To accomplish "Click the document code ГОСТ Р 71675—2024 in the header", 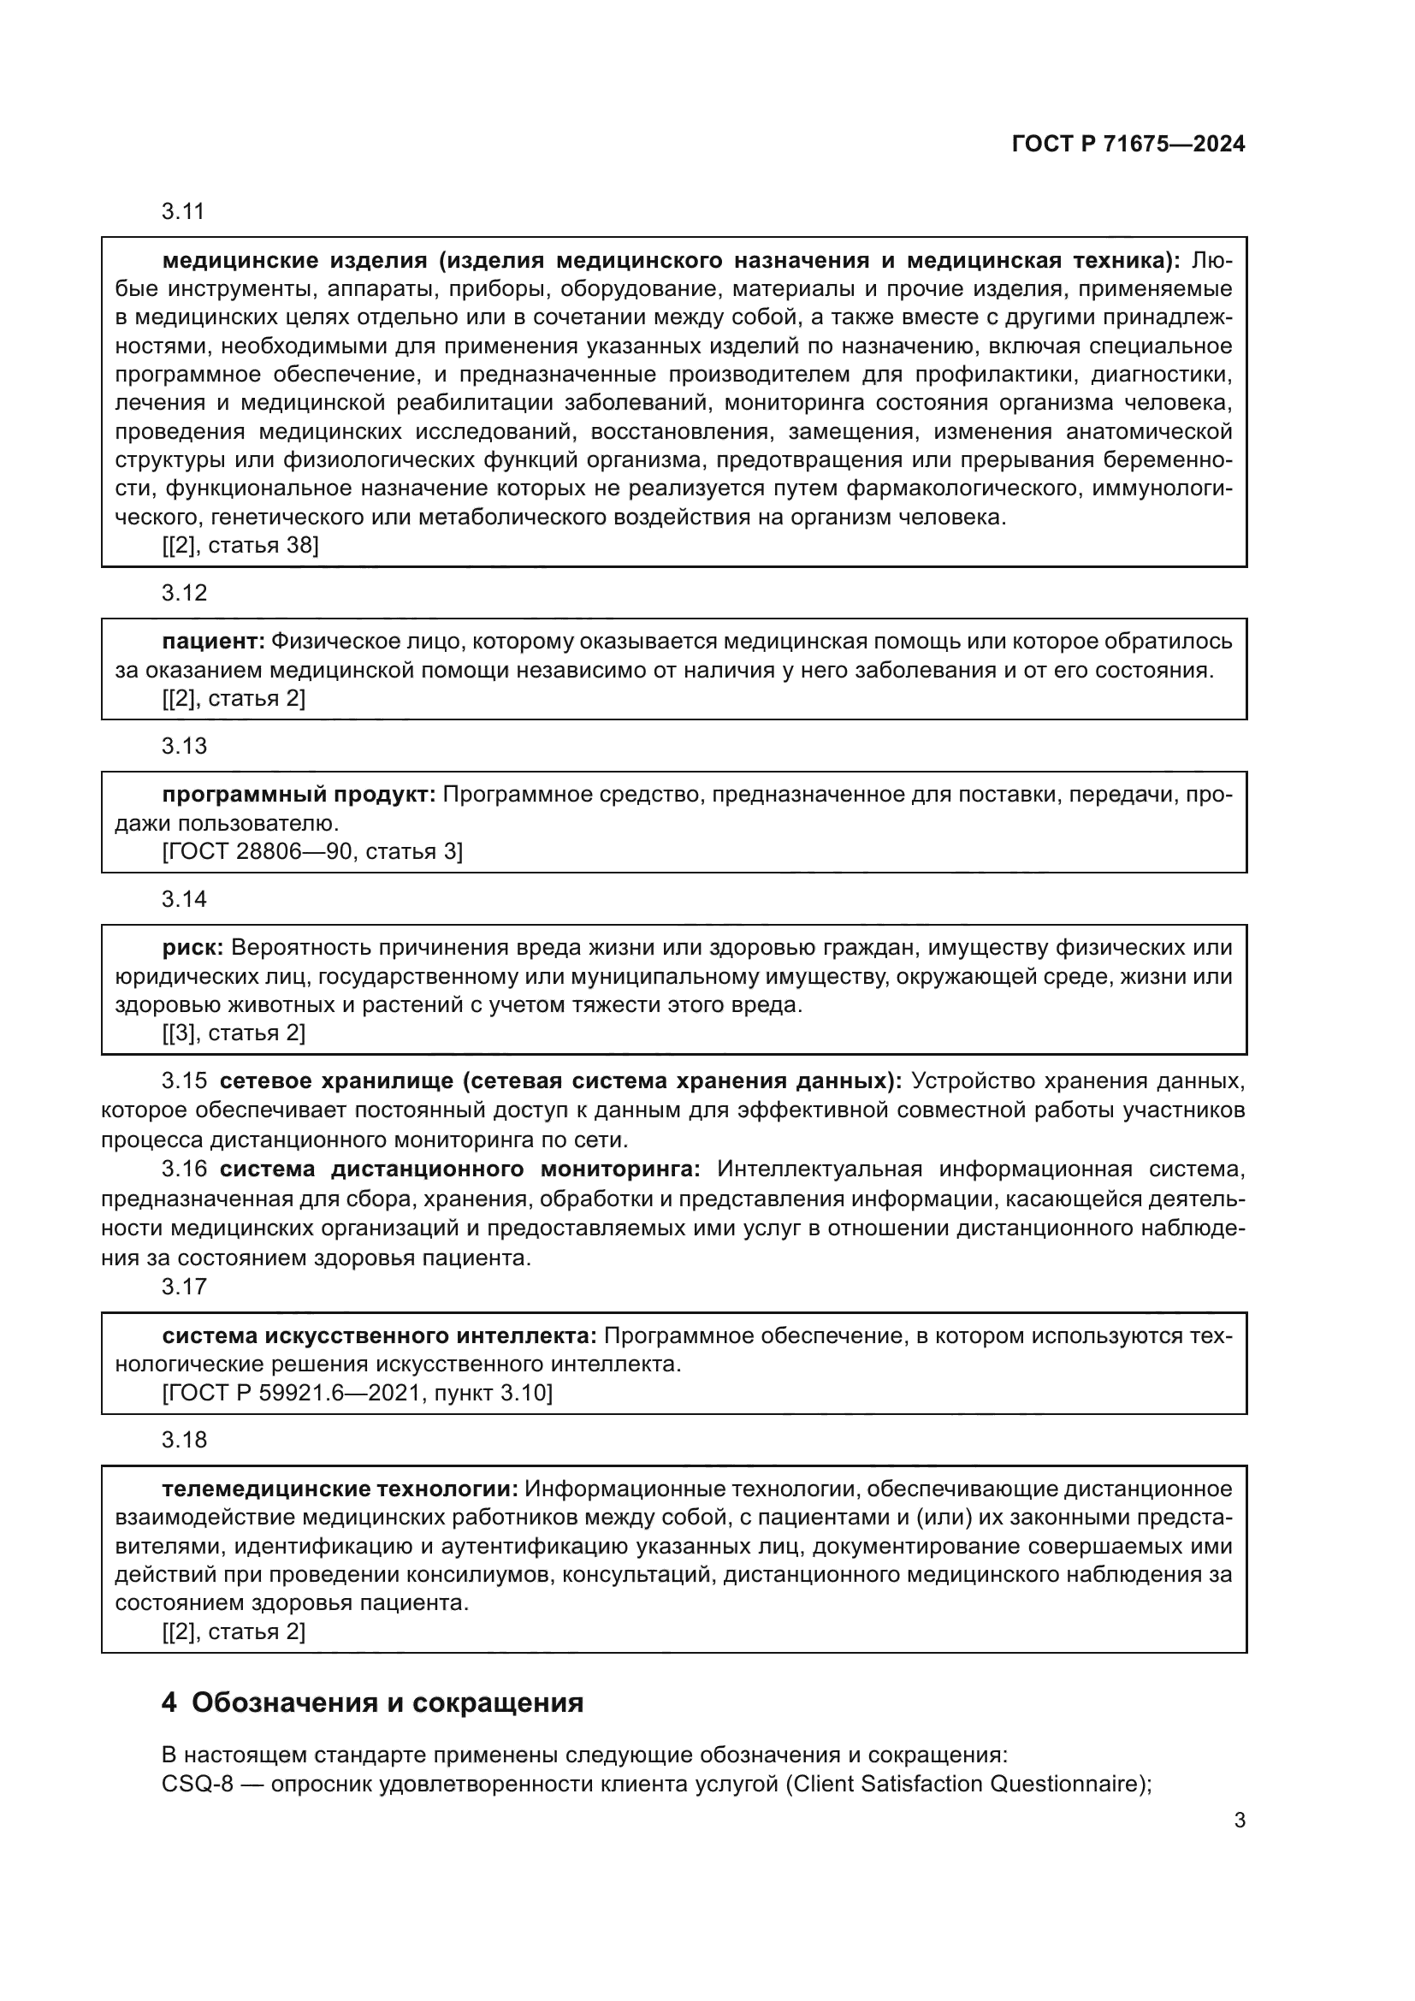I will click(1128, 145).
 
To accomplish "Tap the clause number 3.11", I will click(183, 212).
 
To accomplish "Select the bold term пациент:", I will click(214, 642).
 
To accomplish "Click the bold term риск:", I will click(193, 947).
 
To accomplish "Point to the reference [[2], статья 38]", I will click(240, 546).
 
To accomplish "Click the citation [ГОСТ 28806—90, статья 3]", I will click(312, 851).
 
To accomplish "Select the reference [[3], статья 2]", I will click(234, 1033).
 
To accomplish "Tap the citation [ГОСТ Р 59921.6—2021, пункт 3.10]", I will click(358, 1393).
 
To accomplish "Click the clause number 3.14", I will click(184, 899).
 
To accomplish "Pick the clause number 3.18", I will click(184, 1440).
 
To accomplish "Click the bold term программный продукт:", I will click(299, 795).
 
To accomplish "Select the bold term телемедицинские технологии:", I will click(340, 1489).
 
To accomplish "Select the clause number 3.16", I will click(184, 1169).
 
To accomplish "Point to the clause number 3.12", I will click(184, 594).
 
